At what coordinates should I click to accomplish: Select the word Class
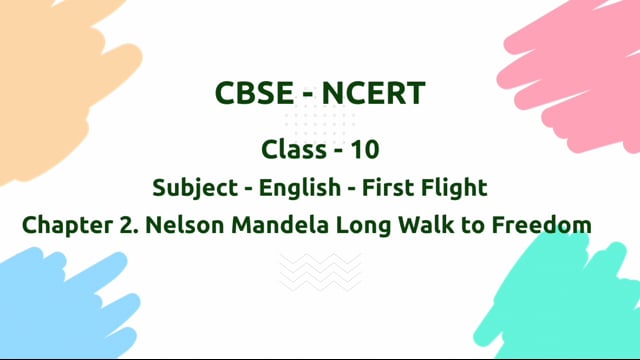coord(291,150)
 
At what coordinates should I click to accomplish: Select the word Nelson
coord(180,225)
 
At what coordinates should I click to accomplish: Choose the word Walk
coord(412,225)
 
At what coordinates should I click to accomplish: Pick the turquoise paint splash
coord(580,300)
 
